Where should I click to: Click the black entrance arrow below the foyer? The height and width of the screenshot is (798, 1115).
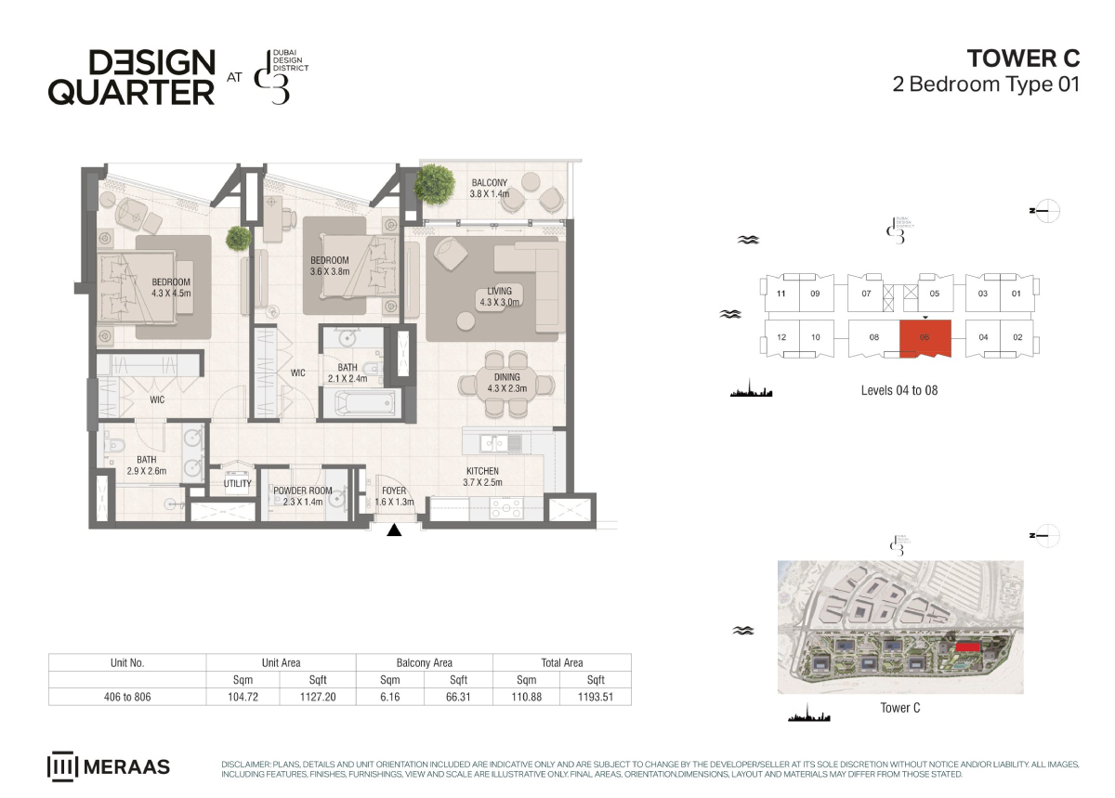tap(394, 530)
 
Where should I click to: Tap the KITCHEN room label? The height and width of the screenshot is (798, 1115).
tap(482, 471)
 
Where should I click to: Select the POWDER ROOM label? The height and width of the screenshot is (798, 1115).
tap(303, 491)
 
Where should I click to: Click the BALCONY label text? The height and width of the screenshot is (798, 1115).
tap(490, 183)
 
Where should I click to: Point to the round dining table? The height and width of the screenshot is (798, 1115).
tap(506, 384)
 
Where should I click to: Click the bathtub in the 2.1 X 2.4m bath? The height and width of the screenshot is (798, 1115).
tap(368, 403)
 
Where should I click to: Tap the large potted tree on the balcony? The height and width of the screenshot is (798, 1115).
tap(435, 184)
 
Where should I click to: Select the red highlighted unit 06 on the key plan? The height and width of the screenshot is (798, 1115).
tap(925, 338)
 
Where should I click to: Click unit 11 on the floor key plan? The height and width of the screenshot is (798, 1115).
tap(781, 294)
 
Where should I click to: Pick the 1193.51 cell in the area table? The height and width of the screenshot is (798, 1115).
tap(596, 697)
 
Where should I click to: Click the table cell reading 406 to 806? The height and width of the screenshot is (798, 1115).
tap(127, 697)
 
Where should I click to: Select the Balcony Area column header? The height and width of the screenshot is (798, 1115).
tap(424, 662)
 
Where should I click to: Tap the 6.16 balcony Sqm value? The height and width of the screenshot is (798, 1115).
tap(389, 697)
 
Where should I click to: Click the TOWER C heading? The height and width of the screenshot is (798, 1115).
tap(1023, 59)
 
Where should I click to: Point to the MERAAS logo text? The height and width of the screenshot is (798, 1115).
tap(126, 767)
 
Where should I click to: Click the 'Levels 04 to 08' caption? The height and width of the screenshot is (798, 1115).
tap(899, 390)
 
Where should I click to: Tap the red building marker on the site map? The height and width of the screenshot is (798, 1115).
tap(967, 647)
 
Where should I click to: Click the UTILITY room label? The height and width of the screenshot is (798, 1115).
tap(238, 483)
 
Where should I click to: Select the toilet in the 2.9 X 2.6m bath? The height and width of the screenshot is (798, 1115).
tap(115, 444)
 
